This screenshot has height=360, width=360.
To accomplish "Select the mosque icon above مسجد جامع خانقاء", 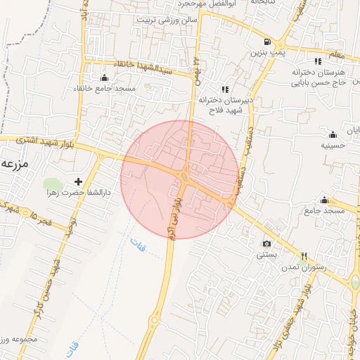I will pyautogui.click(x=105, y=77).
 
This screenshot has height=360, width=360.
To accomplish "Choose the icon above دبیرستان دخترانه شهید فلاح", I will pyautogui.click(x=225, y=89).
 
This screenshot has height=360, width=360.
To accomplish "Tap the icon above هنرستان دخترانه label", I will pyautogui.click(x=318, y=60).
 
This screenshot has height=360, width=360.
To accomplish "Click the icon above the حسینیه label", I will pyautogui.click(x=333, y=134).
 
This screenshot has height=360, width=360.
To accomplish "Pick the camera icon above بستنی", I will pyautogui.click(x=266, y=243).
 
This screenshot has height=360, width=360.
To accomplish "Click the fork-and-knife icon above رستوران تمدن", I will pyautogui.click(x=304, y=256).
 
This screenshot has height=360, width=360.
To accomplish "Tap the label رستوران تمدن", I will pyautogui.click(x=302, y=268).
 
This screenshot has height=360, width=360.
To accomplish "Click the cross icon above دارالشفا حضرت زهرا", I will pyautogui.click(x=78, y=181).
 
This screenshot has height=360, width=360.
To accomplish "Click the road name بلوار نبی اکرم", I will pyautogui.click(x=171, y=219).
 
